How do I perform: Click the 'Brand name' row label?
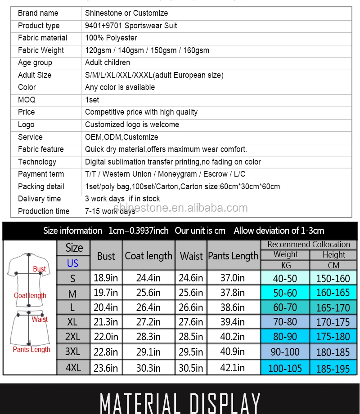click(x=38, y=13)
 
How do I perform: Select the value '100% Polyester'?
click(x=111, y=38)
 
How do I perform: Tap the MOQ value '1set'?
click(x=92, y=100)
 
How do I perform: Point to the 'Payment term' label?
click(x=40, y=174)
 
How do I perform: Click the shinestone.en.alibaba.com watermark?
click(x=180, y=208)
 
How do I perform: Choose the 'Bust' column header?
click(x=106, y=256)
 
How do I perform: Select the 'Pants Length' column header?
click(x=233, y=256)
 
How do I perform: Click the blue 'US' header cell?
click(x=73, y=263)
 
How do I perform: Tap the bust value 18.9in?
click(x=106, y=278)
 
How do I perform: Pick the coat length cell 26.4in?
click(x=148, y=307)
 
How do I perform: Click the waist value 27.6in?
click(x=191, y=322)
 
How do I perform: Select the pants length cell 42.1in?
click(x=233, y=368)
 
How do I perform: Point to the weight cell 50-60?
click(x=285, y=293)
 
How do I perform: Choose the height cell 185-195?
click(x=333, y=369)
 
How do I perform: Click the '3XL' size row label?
click(x=73, y=352)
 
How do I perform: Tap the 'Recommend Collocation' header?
click(x=309, y=245)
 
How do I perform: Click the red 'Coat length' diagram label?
click(x=30, y=295)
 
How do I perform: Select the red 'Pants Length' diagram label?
click(x=31, y=349)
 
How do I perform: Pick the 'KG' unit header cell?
click(x=285, y=265)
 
